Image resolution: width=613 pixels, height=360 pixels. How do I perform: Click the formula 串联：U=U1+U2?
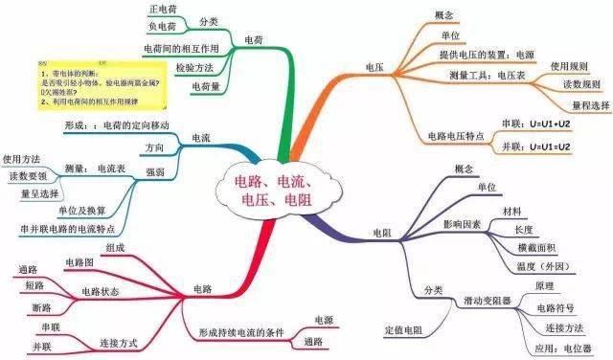(535, 124)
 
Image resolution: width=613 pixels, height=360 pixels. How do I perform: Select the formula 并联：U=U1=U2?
(535, 146)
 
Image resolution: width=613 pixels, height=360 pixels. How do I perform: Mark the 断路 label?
(39, 307)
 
